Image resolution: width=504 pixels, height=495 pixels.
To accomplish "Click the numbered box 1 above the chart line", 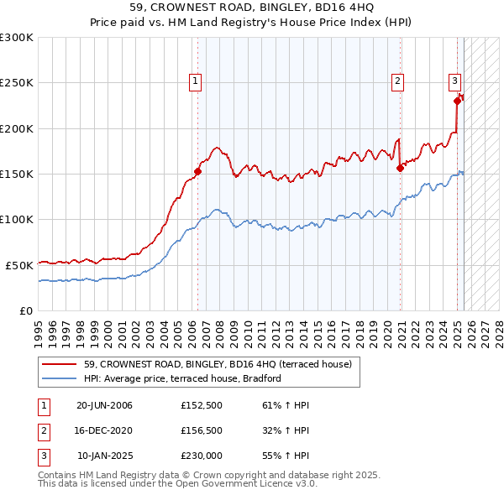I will pos(195,81).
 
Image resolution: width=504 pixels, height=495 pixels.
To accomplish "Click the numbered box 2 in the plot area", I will pos(397,81).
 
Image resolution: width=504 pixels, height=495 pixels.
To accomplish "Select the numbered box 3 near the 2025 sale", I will pos(454,81).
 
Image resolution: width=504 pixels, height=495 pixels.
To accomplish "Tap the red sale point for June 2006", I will pos(198,172).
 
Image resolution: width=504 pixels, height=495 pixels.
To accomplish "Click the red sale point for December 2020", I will pos(401,168).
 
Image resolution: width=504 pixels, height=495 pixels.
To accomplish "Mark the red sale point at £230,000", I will pos(458,101).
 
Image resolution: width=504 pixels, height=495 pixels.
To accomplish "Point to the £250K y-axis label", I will pos(17,83).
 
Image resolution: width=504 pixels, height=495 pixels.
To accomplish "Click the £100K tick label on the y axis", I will pos(17,219).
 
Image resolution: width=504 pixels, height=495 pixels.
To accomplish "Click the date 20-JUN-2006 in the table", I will pos(104,405).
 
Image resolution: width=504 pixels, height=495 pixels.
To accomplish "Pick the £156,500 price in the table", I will pos(201,431).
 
